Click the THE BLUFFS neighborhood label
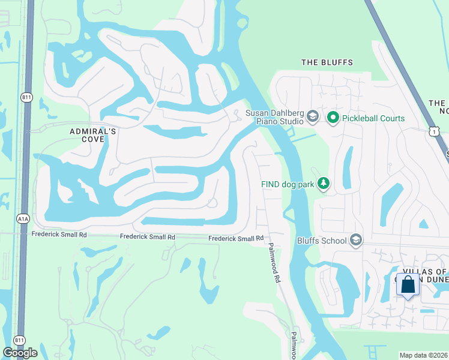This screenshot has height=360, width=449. coord(327,62)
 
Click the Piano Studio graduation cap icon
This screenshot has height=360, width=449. coord(312,116)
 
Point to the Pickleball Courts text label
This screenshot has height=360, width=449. coord(373,118)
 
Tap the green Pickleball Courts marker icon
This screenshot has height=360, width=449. coord(334,118)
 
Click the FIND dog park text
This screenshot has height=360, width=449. coord(288,184)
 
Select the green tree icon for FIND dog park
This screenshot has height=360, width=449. coord(324,183)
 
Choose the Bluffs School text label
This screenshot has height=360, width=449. coord(322,241)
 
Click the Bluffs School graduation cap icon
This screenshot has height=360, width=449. coord(356,241)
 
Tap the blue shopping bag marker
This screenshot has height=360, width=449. coord(408,286)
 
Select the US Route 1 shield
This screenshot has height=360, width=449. coord(435,131)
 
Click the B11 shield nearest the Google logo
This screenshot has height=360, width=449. coord(19,340)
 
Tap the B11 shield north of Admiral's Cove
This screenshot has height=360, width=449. coord(26,97)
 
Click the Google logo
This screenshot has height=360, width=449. coord(20,353)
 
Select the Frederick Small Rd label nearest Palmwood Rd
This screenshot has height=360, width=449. coord(236,238)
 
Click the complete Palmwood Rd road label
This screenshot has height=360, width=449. coord(274,262)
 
